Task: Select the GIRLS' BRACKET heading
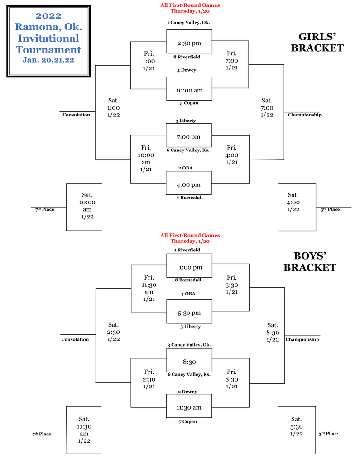(x=317, y=42)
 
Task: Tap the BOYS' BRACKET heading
(x=310, y=261)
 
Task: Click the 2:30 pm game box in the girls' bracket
(x=189, y=43)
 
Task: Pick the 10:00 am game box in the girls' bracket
(x=189, y=90)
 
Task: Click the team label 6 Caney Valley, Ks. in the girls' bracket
(x=188, y=150)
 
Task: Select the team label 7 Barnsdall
(x=189, y=198)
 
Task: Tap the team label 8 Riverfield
(x=187, y=57)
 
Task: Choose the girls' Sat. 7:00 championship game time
(x=267, y=108)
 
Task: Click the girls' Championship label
(x=304, y=115)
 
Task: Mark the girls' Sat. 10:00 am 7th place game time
(x=88, y=206)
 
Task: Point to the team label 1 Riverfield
(x=187, y=250)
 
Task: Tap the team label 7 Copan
(x=188, y=422)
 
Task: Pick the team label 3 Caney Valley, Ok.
(x=189, y=345)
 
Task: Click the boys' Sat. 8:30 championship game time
(x=272, y=332)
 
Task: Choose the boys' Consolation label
(x=75, y=339)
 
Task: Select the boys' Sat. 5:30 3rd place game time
(x=296, y=426)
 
